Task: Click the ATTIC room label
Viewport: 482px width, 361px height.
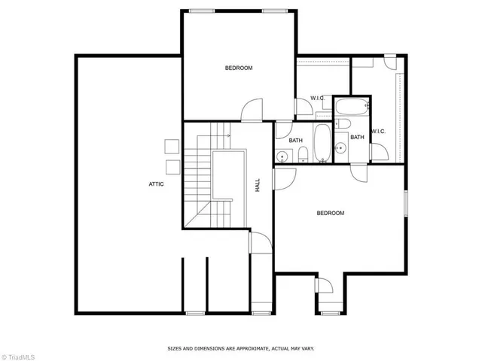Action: point(156,184)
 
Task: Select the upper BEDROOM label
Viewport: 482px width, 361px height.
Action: point(239,68)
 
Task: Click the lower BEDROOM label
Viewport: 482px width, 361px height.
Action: point(330,213)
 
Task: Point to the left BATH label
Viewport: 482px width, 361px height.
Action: point(296,140)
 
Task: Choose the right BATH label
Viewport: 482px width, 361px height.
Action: point(357,137)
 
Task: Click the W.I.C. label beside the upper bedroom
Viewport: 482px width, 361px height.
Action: point(318,99)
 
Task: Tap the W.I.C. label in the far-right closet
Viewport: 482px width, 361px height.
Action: point(378,132)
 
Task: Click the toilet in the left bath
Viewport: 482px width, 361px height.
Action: point(301,156)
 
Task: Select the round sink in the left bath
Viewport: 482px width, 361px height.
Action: point(282,156)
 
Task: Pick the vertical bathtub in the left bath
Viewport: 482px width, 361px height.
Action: point(322,144)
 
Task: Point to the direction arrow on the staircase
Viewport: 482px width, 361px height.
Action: point(223,136)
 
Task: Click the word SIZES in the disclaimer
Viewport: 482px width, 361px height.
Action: point(176,348)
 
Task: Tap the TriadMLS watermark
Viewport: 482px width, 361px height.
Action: point(20,354)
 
